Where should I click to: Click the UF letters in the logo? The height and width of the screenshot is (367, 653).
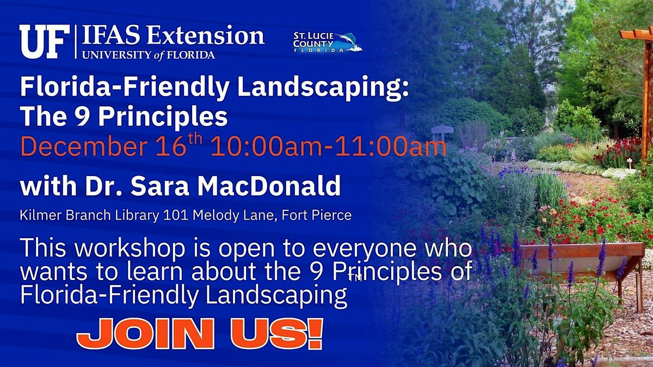pos(43,42)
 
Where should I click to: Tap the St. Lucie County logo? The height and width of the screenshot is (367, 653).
pos(326,42)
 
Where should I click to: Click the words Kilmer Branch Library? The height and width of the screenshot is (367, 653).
pos(90,215)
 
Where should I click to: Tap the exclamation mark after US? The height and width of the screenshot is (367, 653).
pos(315,333)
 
